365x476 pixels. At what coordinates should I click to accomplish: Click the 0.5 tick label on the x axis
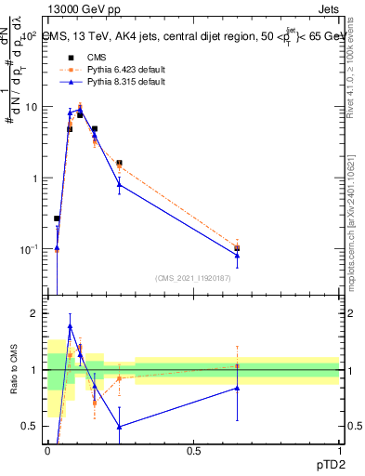point(193,451)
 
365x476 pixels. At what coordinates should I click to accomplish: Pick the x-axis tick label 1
point(339,451)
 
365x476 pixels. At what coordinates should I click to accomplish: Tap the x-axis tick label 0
point(48,451)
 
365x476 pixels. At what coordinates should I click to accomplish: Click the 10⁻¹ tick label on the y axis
point(28,249)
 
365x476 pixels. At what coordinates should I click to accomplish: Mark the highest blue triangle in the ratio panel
point(70,326)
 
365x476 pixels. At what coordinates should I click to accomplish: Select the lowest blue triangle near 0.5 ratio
point(119,427)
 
